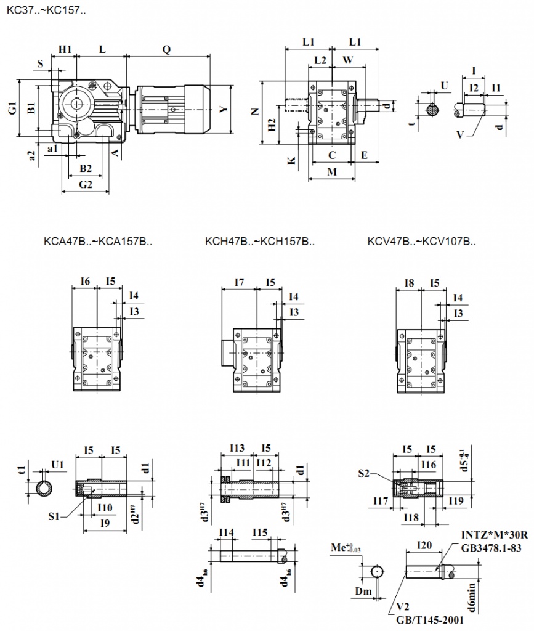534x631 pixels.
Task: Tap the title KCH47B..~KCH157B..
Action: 260,242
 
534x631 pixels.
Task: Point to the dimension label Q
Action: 166,49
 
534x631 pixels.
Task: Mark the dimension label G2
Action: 86,184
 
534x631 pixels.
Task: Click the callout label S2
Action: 364,473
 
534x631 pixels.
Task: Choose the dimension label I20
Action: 424,545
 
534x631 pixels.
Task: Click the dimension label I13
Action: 237,448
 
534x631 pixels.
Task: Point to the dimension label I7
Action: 240,282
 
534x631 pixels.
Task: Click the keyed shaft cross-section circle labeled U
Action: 432,110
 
